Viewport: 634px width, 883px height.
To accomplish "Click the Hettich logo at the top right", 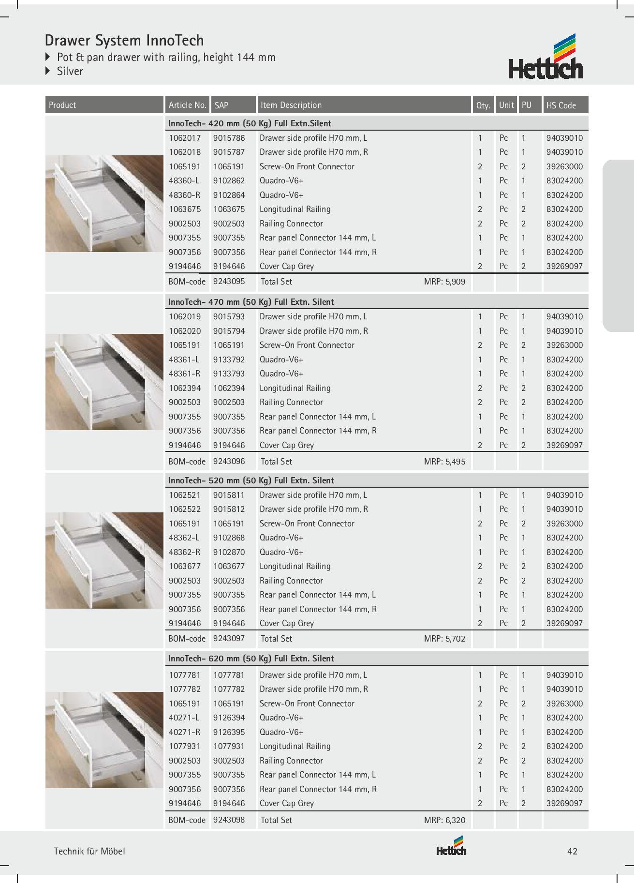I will [x=546, y=57].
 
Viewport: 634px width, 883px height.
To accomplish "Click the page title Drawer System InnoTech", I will [x=124, y=40].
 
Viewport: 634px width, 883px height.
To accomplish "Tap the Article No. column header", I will [x=187, y=105].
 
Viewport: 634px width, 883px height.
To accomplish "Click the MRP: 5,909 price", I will [x=444, y=282].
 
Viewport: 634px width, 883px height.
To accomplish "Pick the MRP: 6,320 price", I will [x=444, y=820].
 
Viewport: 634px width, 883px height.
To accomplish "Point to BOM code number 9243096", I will [x=229, y=461].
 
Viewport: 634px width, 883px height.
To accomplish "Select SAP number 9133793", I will [x=229, y=374].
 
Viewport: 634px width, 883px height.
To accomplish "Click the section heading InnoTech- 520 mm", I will [x=251, y=480].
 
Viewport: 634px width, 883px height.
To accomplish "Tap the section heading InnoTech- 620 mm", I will [x=251, y=659].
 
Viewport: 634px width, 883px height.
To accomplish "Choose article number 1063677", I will [x=184, y=566].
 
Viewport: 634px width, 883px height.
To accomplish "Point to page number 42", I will [x=572, y=852].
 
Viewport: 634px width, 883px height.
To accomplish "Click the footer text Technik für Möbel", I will [x=89, y=852].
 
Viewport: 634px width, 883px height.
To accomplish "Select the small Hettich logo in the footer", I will [x=451, y=847].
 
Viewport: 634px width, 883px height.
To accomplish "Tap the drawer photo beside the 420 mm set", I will [x=104, y=204].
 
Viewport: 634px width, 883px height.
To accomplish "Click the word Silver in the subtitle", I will [x=70, y=71].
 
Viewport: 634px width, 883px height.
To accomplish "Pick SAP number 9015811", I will [x=229, y=495].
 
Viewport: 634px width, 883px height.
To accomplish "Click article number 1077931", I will [x=184, y=746].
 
